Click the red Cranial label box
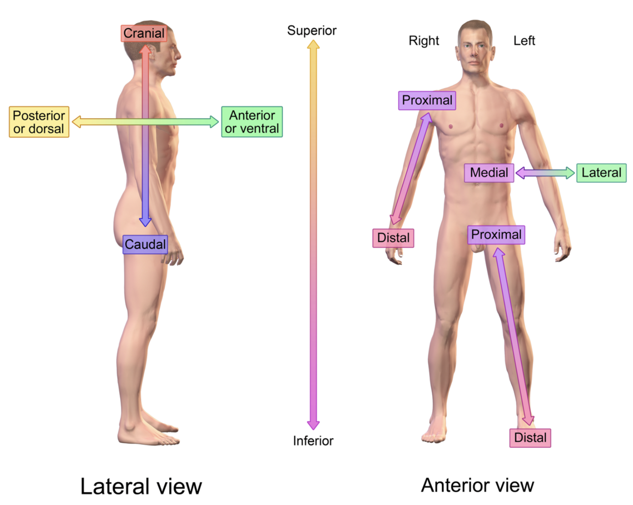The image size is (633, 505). (144, 34)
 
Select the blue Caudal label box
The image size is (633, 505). (145, 244)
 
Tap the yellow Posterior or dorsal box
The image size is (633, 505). (39, 122)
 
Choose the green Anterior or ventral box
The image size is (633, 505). (252, 122)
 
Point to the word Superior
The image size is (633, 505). (312, 31)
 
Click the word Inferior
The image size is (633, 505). (313, 441)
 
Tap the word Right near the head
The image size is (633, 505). (424, 41)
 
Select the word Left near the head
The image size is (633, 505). (524, 41)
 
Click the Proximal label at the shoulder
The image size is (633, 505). (427, 101)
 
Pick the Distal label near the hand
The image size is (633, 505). (393, 238)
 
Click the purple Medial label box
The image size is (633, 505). (489, 173)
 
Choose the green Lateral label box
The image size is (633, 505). (601, 173)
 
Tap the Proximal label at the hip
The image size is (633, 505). (496, 235)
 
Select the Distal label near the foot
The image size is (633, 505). (530, 438)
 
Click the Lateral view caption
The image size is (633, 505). (141, 486)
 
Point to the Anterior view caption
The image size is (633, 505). (477, 486)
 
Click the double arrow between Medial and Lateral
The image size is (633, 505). (545, 173)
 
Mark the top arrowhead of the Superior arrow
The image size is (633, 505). (313, 45)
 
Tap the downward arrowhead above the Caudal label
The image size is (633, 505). (145, 221)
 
